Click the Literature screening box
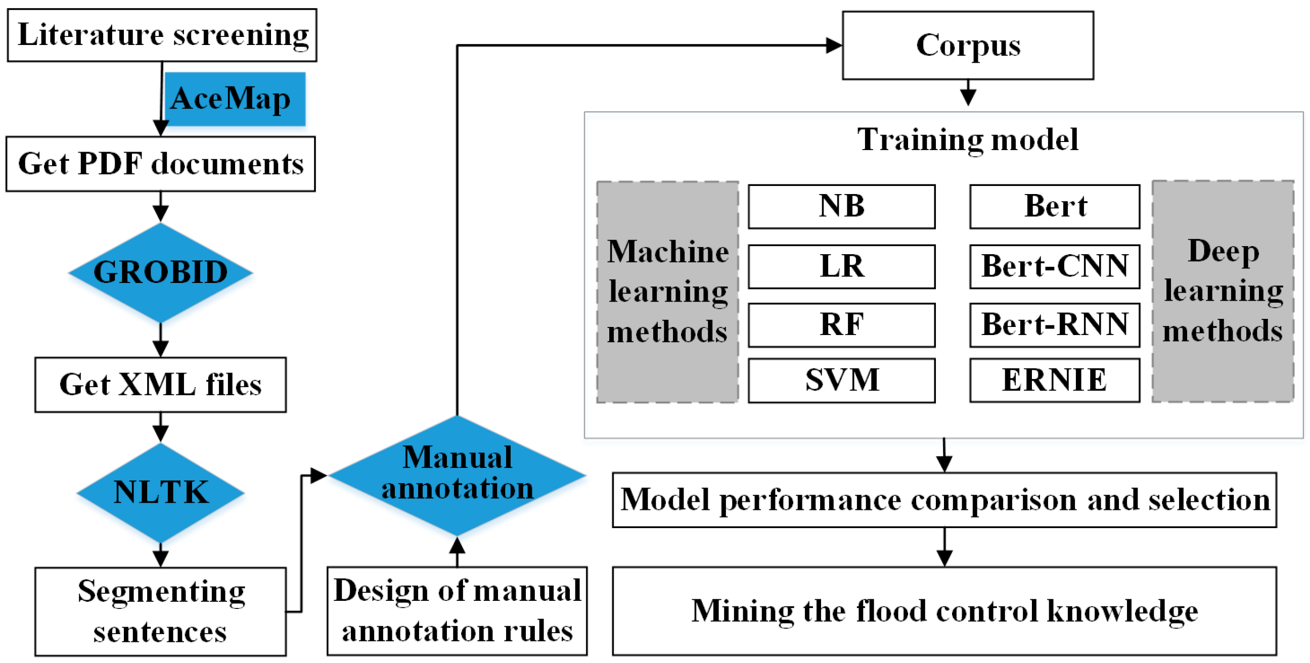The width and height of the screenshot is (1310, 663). click(x=162, y=35)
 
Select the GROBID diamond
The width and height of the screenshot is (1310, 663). click(x=161, y=272)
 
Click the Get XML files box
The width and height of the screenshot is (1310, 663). click(x=161, y=385)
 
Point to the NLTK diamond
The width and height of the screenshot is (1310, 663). click(x=161, y=492)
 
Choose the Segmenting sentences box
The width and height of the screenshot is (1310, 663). click(x=161, y=611)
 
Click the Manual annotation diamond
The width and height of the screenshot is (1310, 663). click(x=457, y=475)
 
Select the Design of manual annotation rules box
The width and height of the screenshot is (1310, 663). click(x=457, y=610)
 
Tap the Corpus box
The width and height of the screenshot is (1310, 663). click(x=968, y=45)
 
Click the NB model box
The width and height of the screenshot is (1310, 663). click(x=841, y=206)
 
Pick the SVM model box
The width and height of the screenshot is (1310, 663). click(x=841, y=381)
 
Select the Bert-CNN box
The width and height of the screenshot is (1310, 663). click(x=1054, y=266)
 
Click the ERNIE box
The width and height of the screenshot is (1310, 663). click(x=1054, y=381)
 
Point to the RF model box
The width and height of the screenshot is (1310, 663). click(x=841, y=325)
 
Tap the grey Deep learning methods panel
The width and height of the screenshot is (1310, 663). click(x=1223, y=292)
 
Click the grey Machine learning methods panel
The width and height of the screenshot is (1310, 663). click(x=667, y=292)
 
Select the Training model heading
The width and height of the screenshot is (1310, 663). click(x=967, y=140)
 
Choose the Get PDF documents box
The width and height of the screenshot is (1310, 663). click(x=161, y=164)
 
